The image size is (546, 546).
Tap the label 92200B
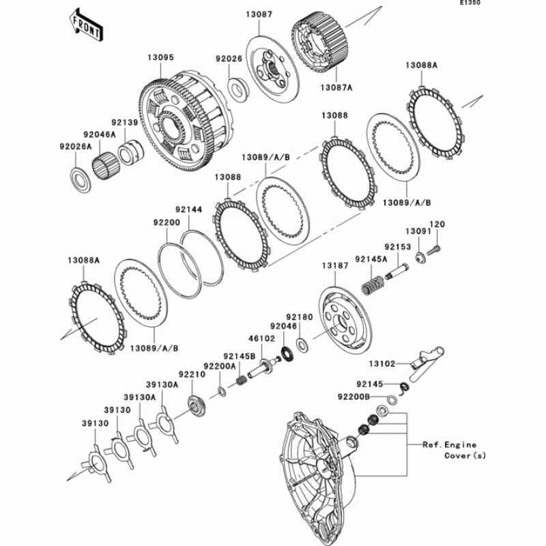[353, 396]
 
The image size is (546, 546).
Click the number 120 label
[436, 224]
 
